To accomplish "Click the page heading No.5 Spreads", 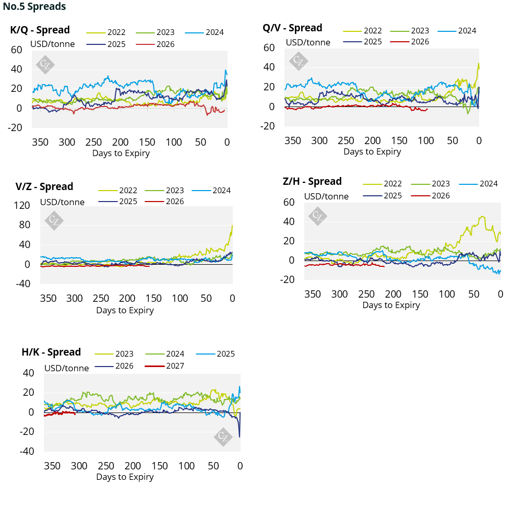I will click(x=34, y=7).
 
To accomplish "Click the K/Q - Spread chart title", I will click(x=40, y=30).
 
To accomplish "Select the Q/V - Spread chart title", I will click(x=292, y=28).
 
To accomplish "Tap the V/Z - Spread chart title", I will click(x=44, y=186).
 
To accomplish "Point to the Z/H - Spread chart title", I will click(x=312, y=181).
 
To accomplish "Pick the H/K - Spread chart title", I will click(x=51, y=352).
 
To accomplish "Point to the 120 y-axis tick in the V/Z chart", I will click(x=22, y=205).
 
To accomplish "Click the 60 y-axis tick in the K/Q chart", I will click(x=16, y=50).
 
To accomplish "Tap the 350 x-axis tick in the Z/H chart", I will click(x=313, y=294).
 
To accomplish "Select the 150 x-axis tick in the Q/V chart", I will click(x=399, y=140).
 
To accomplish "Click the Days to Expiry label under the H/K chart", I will click(x=125, y=477).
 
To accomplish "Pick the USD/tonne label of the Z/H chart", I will click(x=326, y=196).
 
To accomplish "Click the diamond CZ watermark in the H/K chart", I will click(x=223, y=436).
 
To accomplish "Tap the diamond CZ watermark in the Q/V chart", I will click(x=299, y=61).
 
